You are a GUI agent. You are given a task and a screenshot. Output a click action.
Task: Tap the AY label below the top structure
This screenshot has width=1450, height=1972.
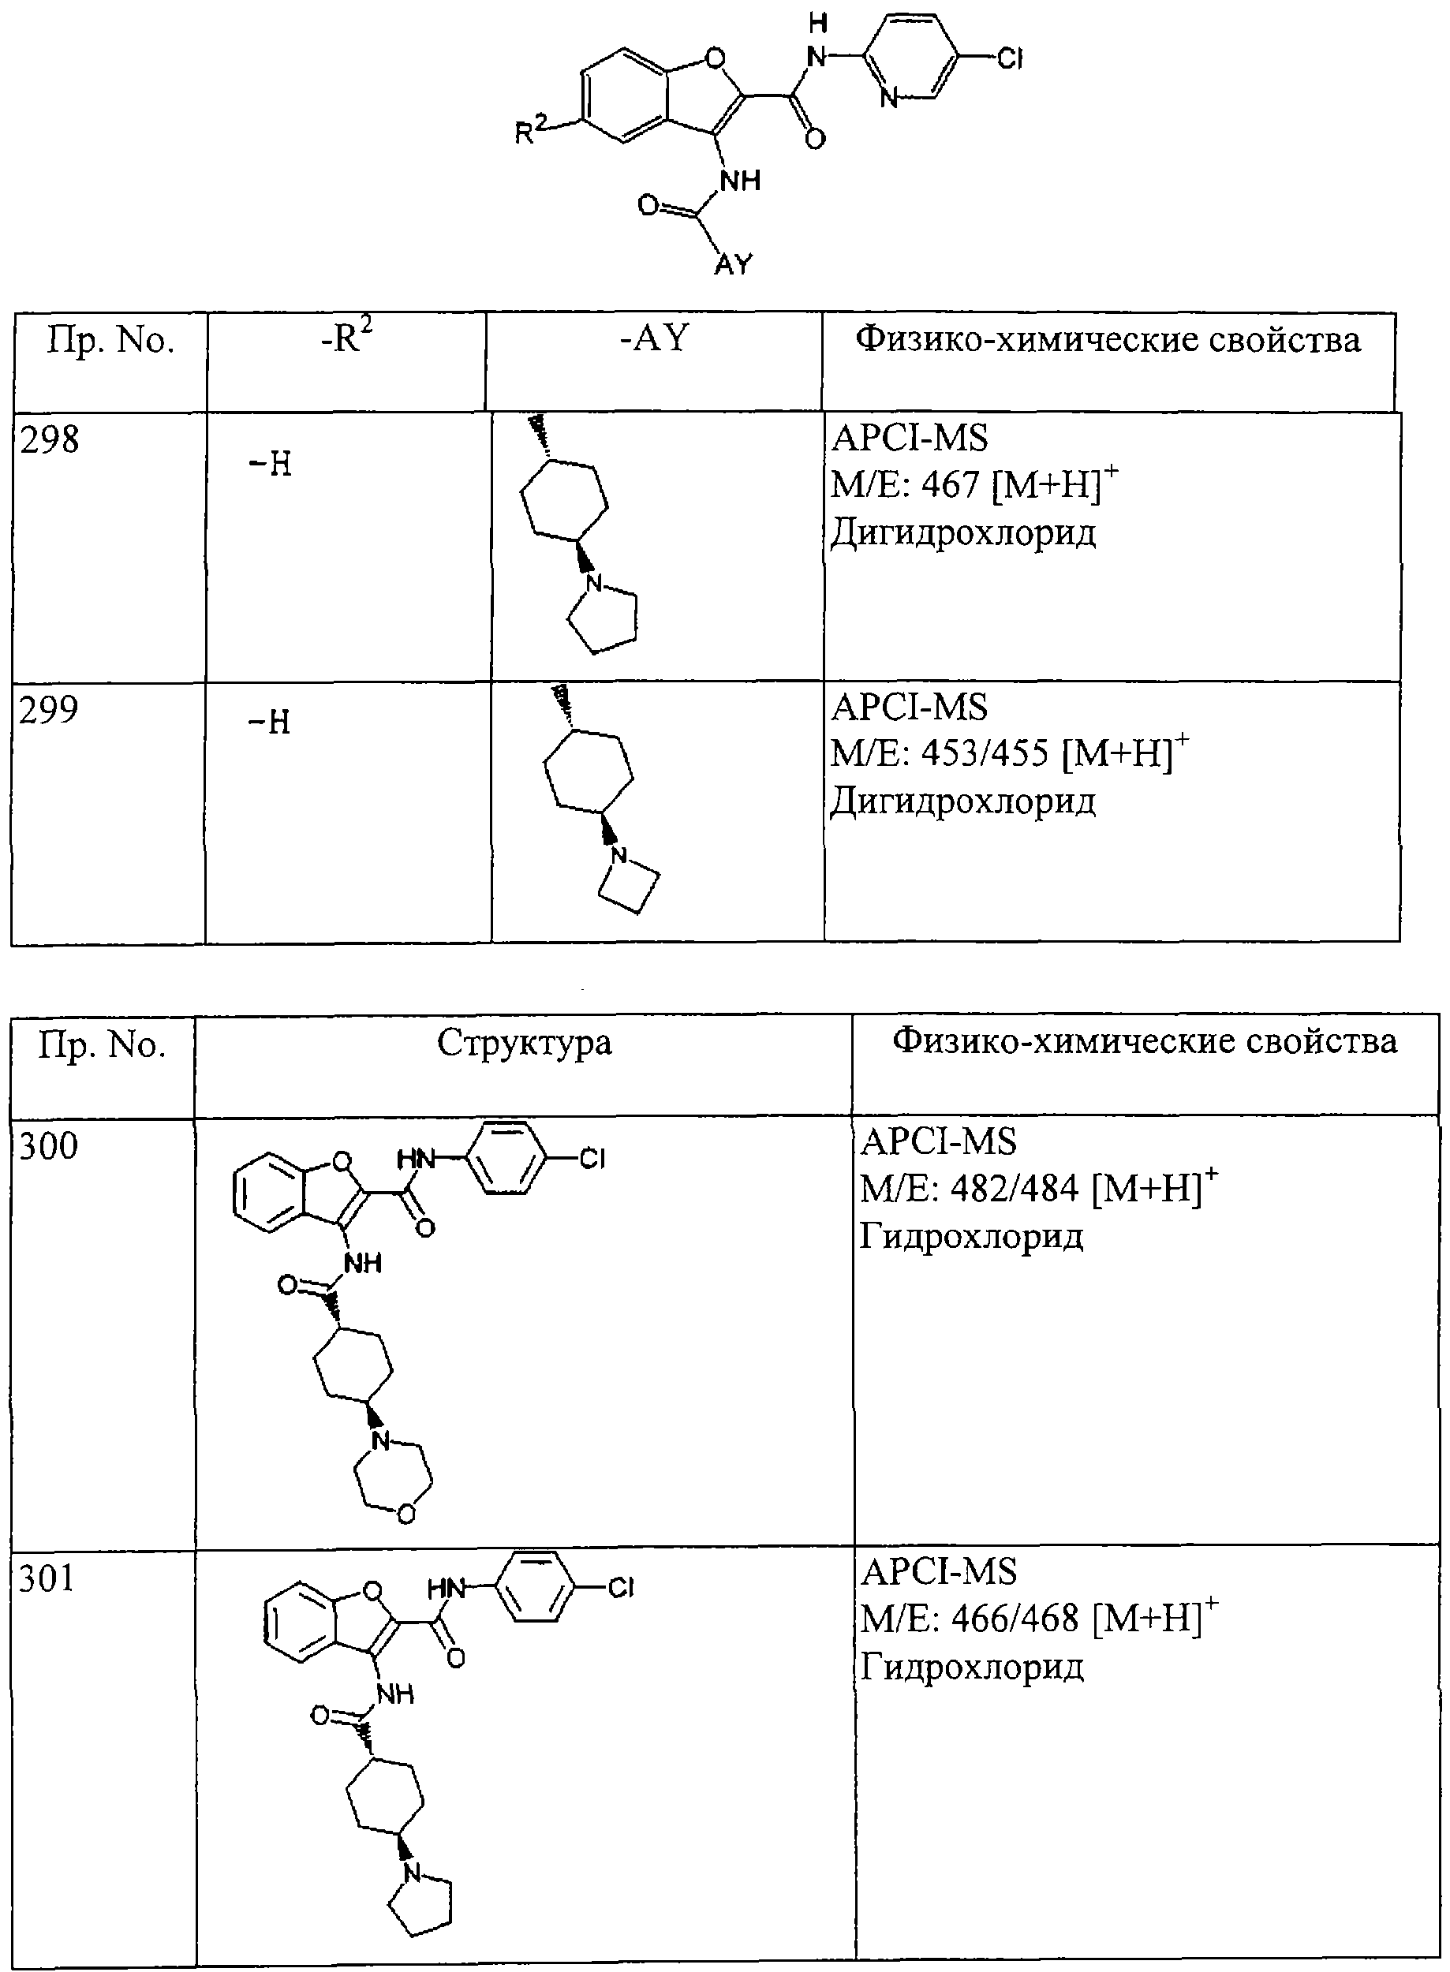733,263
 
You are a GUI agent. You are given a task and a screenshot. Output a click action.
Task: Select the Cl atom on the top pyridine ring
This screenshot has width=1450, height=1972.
1011,59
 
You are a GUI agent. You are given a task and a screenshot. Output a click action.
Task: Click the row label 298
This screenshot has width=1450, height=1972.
49,439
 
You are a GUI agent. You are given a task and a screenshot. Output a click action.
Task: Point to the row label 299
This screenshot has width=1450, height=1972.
49,709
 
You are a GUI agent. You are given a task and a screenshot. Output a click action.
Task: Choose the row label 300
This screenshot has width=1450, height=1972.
48,1145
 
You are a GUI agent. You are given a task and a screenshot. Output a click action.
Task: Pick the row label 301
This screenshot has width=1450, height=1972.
47,1578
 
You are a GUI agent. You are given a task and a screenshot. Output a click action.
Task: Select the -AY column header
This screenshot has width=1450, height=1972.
655,338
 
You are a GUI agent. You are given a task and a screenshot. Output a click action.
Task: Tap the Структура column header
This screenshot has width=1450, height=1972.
524,1043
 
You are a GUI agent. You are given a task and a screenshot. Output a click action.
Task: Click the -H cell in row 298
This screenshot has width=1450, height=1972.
271,463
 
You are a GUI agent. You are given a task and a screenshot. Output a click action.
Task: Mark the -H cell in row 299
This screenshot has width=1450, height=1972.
270,723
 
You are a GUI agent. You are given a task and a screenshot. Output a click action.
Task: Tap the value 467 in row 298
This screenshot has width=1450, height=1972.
950,484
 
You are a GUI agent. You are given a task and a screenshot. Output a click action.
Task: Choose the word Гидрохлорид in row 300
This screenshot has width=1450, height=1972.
972,1237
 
